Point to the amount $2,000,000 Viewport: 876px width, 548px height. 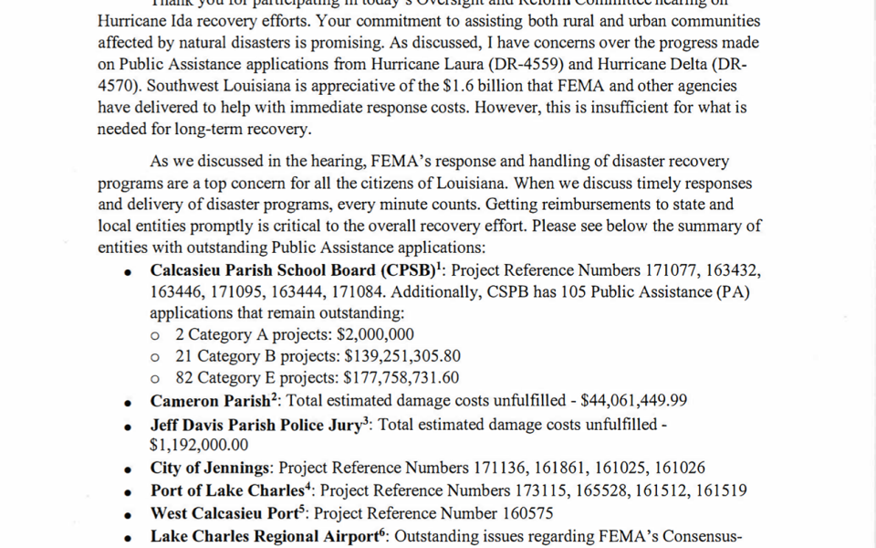tap(375, 335)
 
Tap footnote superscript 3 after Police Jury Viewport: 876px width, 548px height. tap(366, 420)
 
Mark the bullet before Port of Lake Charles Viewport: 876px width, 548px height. tap(130, 492)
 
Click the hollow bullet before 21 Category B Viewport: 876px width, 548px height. tap(156, 357)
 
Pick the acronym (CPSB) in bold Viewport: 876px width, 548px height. tap(402, 270)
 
